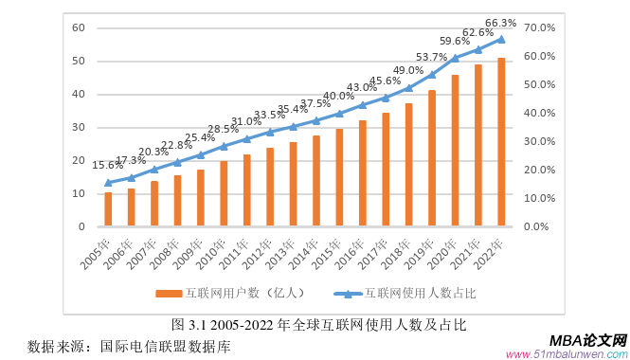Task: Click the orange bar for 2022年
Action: [501, 142]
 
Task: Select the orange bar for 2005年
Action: [108, 209]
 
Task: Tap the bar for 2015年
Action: [339, 177]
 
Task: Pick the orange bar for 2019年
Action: [432, 158]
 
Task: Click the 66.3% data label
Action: [500, 23]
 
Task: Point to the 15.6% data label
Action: [106, 166]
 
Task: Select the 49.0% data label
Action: [408, 70]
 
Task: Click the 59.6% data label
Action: [455, 41]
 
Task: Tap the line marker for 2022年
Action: [501, 39]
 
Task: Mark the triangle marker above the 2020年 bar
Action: [455, 58]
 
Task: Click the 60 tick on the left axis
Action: [80, 27]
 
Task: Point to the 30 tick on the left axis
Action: [80, 127]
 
